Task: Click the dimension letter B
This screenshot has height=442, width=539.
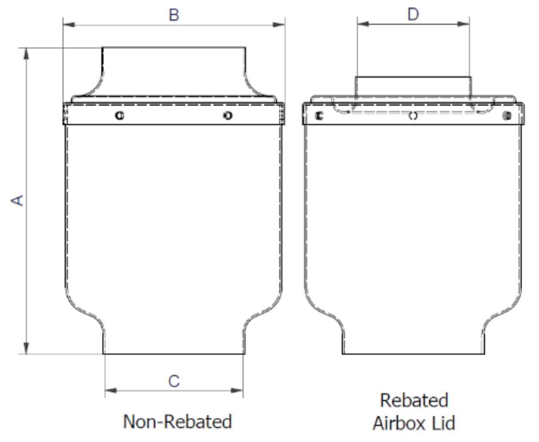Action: click(x=174, y=15)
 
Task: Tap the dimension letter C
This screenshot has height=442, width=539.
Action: click(x=174, y=381)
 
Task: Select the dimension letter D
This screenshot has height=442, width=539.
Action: click(x=413, y=14)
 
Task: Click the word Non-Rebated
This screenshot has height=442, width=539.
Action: click(x=177, y=421)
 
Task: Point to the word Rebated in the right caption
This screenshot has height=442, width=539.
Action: click(x=414, y=400)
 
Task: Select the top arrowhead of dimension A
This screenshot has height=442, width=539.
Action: click(x=26, y=53)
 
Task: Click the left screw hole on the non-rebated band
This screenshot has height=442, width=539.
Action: click(x=119, y=115)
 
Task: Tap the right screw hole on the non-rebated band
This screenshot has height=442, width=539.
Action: click(x=228, y=115)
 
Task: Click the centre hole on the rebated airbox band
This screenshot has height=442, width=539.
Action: click(x=413, y=116)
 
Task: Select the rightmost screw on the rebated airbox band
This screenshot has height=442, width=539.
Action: click(x=507, y=116)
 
